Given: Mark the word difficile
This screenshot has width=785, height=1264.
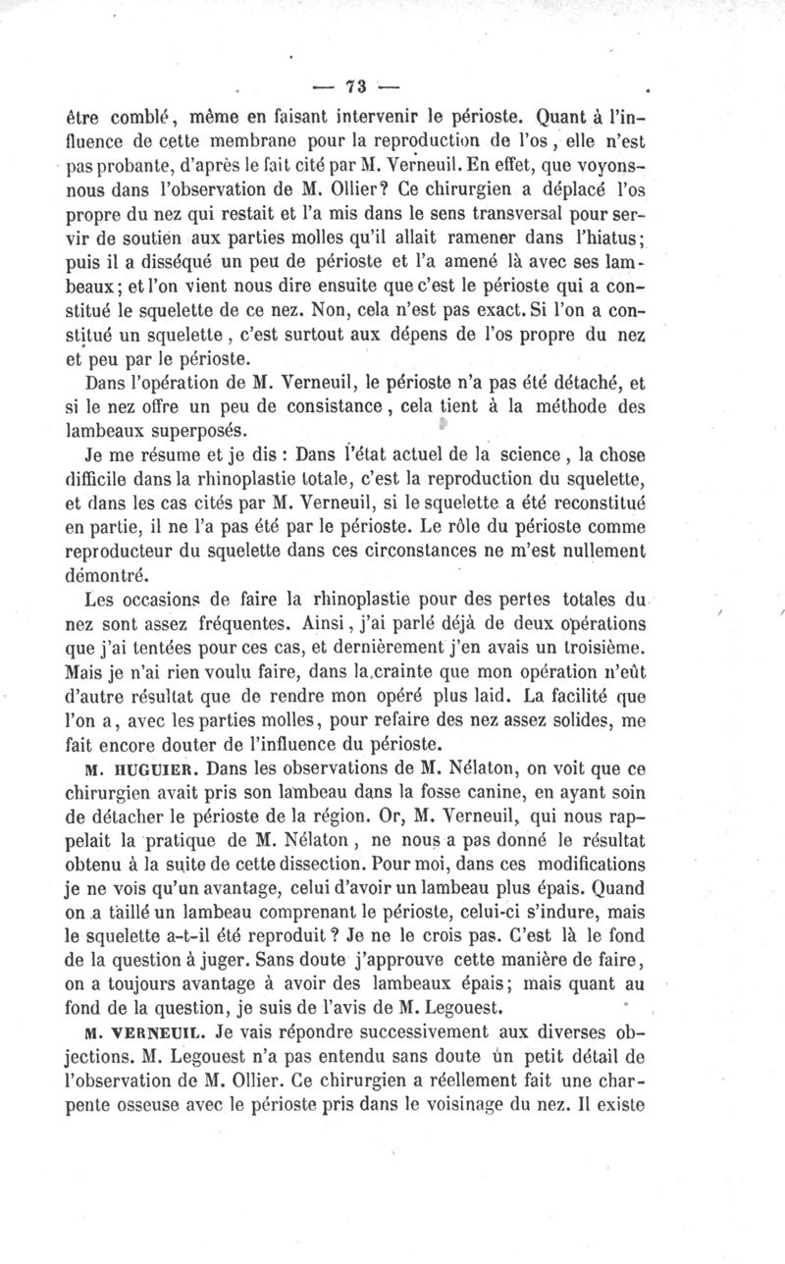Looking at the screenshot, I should click(x=124, y=480).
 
